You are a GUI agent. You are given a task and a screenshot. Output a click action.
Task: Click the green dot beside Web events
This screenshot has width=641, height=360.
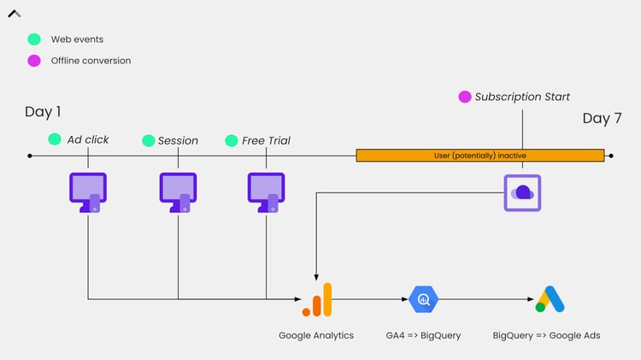34,39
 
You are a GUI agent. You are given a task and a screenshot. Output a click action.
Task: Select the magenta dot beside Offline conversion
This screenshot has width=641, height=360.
34,61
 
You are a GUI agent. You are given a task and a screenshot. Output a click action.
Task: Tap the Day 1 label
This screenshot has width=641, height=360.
43,112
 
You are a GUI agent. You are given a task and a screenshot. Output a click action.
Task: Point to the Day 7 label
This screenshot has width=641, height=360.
603,119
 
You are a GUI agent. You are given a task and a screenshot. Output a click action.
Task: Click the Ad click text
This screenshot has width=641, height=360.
88,139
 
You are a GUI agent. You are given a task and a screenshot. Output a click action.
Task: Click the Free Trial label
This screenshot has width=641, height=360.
266,140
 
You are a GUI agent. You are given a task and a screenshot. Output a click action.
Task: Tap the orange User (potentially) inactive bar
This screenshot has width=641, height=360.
479,156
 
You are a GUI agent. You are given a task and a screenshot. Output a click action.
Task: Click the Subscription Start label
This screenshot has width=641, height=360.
522,97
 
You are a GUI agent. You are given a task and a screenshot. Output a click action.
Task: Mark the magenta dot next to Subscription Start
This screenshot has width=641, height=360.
464,97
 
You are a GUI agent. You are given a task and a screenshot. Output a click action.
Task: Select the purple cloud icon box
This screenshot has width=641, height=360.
521,192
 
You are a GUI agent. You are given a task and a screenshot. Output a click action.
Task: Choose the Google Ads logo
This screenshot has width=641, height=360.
550,299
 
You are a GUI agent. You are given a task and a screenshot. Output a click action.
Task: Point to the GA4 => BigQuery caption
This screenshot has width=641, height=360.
423,335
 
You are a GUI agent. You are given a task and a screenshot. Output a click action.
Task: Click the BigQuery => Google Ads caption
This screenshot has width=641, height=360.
546,335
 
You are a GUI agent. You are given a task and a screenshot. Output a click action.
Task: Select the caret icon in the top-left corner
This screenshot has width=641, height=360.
15,14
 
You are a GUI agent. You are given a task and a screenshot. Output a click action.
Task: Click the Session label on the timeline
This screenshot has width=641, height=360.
178,140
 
